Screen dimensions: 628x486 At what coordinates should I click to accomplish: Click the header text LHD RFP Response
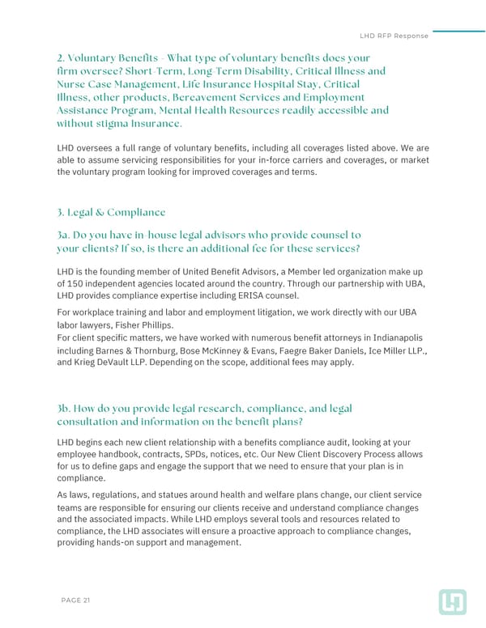pos(394,36)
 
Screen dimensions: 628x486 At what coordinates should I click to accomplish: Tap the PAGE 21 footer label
pos(75,600)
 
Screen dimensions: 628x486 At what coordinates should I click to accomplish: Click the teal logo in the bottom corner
pos(452,601)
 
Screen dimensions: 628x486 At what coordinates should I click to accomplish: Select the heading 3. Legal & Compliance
pos(112,213)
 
